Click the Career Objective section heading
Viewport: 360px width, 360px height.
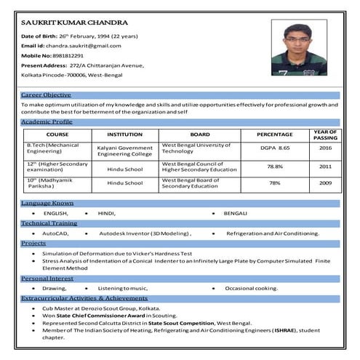point(46,95)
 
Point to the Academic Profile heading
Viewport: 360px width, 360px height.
point(47,121)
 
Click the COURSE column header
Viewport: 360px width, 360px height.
point(57,135)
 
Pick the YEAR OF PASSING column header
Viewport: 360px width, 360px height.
point(325,135)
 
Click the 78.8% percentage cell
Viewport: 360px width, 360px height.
point(275,167)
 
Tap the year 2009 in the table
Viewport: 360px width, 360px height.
point(325,183)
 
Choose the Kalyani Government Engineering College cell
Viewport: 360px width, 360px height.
point(125,151)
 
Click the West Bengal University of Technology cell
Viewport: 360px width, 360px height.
point(196,148)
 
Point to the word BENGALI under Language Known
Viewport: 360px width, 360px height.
point(235,212)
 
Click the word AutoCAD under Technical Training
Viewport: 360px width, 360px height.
point(56,233)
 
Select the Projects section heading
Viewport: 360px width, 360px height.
point(33,243)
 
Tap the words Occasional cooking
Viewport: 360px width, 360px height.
point(252,288)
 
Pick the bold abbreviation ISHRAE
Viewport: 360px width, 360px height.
point(284,330)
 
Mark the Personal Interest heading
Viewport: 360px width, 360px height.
point(47,278)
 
